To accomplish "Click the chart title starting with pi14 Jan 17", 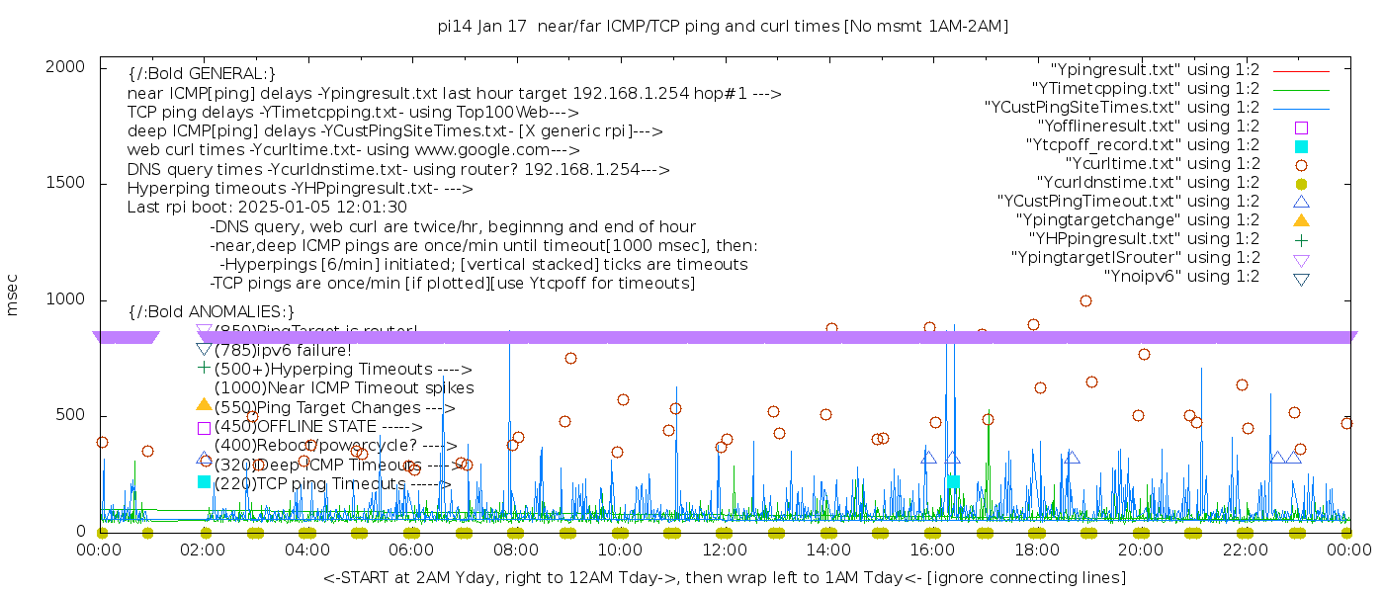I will pyautogui.click(x=723, y=27).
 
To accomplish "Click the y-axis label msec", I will pyautogui.click(x=13, y=296).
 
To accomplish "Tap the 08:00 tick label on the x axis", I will pyautogui.click(x=515, y=549).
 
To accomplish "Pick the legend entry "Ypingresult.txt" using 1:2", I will pyautogui.click(x=1155, y=70).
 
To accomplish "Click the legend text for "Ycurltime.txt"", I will pyautogui.click(x=1162, y=164).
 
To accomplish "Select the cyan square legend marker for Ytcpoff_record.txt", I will pyautogui.click(x=1301, y=145).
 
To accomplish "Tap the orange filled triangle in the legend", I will pyautogui.click(x=1301, y=220).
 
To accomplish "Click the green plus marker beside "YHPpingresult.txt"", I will pyautogui.click(x=1301, y=239).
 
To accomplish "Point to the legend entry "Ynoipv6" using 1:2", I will pyautogui.click(x=1181, y=277).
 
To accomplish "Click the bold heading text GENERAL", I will pyautogui.click(x=202, y=74).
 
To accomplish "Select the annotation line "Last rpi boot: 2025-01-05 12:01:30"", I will pyautogui.click(x=267, y=208).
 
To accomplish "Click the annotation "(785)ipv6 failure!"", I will pyautogui.click(x=283, y=350).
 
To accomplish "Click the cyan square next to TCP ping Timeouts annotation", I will pyautogui.click(x=204, y=482).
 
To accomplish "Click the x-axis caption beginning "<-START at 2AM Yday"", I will pyautogui.click(x=724, y=577).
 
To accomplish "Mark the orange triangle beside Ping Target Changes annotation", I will pyautogui.click(x=204, y=405).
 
